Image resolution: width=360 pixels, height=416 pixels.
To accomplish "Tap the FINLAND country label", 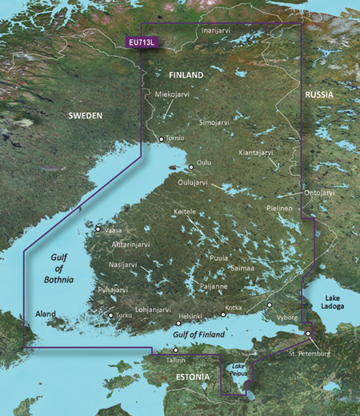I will pyautogui.click(x=186, y=74).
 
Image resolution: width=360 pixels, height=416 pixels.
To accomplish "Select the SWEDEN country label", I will pyautogui.click(x=85, y=116).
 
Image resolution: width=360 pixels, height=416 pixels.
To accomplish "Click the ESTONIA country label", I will pyautogui.click(x=192, y=376).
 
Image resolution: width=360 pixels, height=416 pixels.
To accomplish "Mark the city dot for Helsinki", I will pyautogui.click(x=178, y=324).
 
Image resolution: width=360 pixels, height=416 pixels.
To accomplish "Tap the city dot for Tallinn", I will pyautogui.click(x=176, y=350).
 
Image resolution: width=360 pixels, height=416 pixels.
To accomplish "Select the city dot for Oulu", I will pyautogui.click(x=190, y=167).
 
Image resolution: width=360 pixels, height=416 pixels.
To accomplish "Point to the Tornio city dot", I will pyautogui.click(x=161, y=139).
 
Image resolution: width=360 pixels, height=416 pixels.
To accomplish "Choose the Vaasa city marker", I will pyautogui.click(x=98, y=230).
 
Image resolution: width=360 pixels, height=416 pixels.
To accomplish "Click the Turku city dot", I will pyautogui.click(x=110, y=315).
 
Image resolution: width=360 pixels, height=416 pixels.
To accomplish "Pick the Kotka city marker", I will pyautogui.click(x=222, y=314).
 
